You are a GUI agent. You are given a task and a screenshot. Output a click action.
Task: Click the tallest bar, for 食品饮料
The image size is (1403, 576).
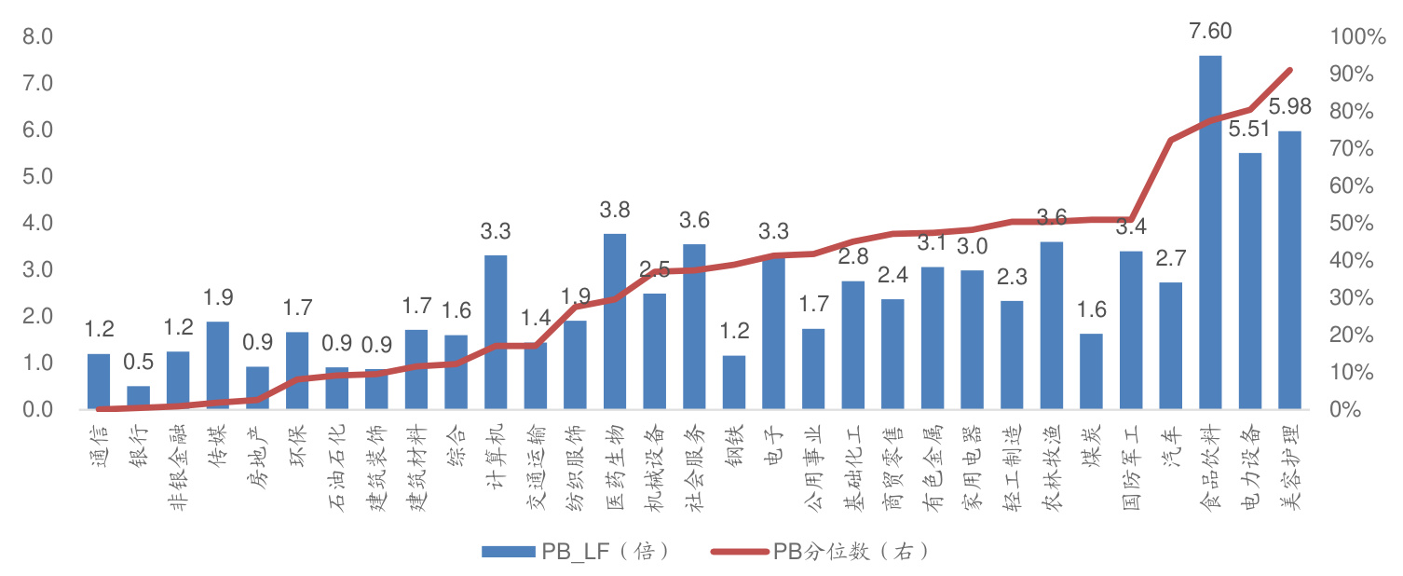1209,233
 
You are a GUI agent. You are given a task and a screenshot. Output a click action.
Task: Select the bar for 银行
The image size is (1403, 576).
138,398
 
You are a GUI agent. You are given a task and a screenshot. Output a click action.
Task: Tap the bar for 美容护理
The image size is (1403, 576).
1289,270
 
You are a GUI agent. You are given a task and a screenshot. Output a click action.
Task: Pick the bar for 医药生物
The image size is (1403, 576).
615,322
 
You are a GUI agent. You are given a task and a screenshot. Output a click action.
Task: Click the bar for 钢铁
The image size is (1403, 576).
733,383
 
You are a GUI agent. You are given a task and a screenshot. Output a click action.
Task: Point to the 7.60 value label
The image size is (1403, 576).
1209,32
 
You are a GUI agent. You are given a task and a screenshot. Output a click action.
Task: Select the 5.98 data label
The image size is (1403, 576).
1289,107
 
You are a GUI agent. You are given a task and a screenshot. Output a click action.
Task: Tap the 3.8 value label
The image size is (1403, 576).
615,210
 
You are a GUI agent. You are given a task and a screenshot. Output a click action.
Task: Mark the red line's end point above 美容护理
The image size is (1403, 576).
1289,70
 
